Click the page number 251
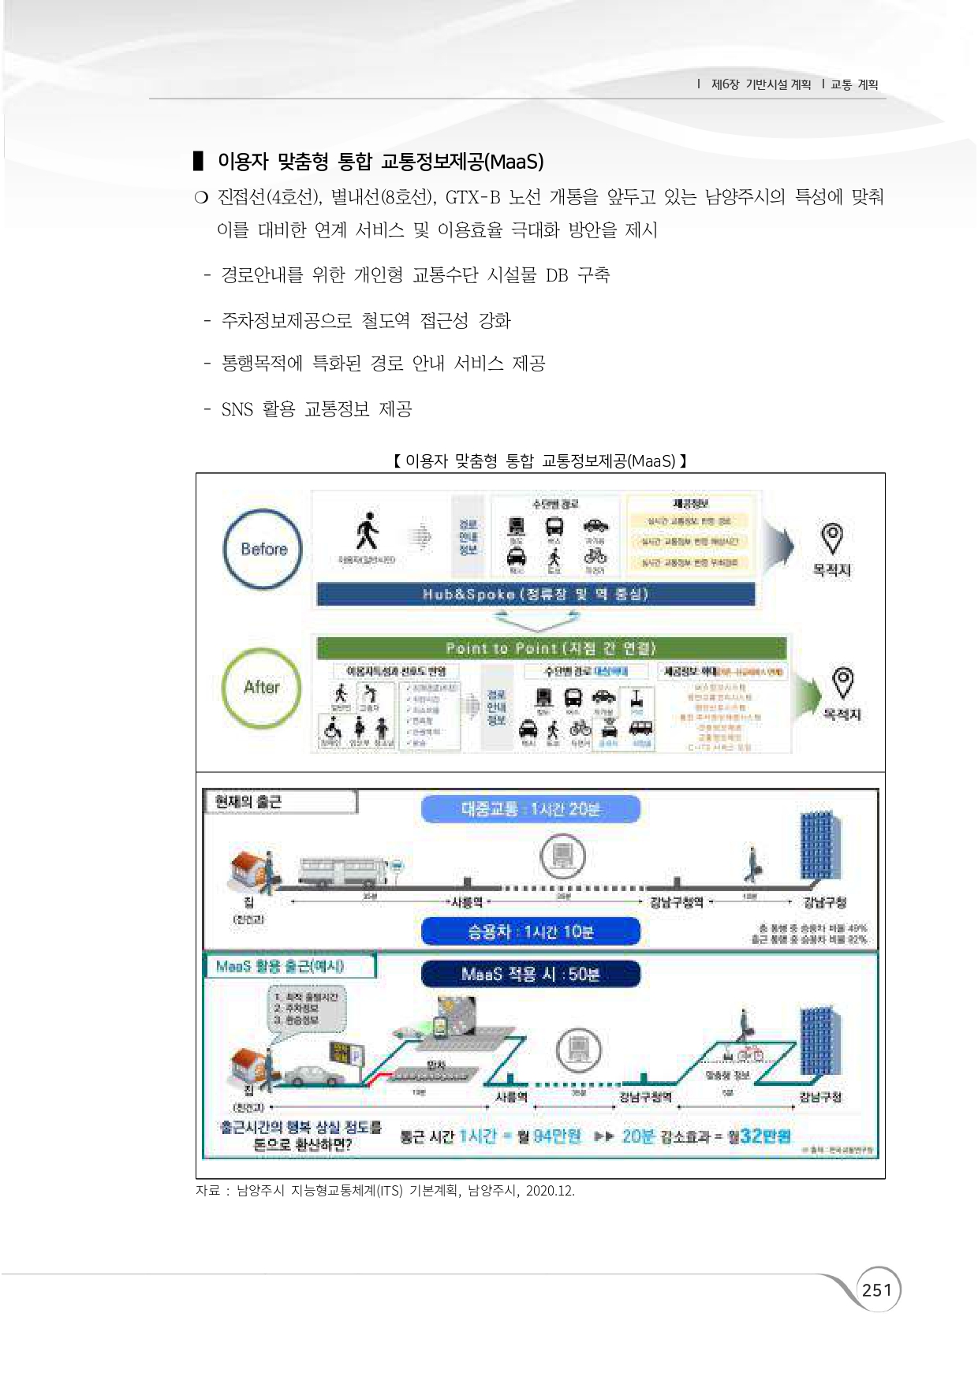(877, 1290)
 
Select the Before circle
(263, 549)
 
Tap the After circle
(261, 687)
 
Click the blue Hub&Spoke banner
(536, 594)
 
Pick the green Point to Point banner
(551, 648)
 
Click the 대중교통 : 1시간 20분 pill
(530, 809)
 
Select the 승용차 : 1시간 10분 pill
(530, 931)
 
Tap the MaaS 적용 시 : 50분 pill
(530, 974)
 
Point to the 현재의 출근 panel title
(248, 802)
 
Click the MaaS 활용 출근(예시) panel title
(280, 966)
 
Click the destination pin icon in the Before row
(831, 538)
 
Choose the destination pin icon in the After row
(843, 682)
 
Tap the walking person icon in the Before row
(367, 532)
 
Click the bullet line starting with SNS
(316, 409)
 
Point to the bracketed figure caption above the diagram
(540, 461)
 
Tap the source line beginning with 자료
(385, 1191)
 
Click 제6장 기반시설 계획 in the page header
(760, 84)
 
